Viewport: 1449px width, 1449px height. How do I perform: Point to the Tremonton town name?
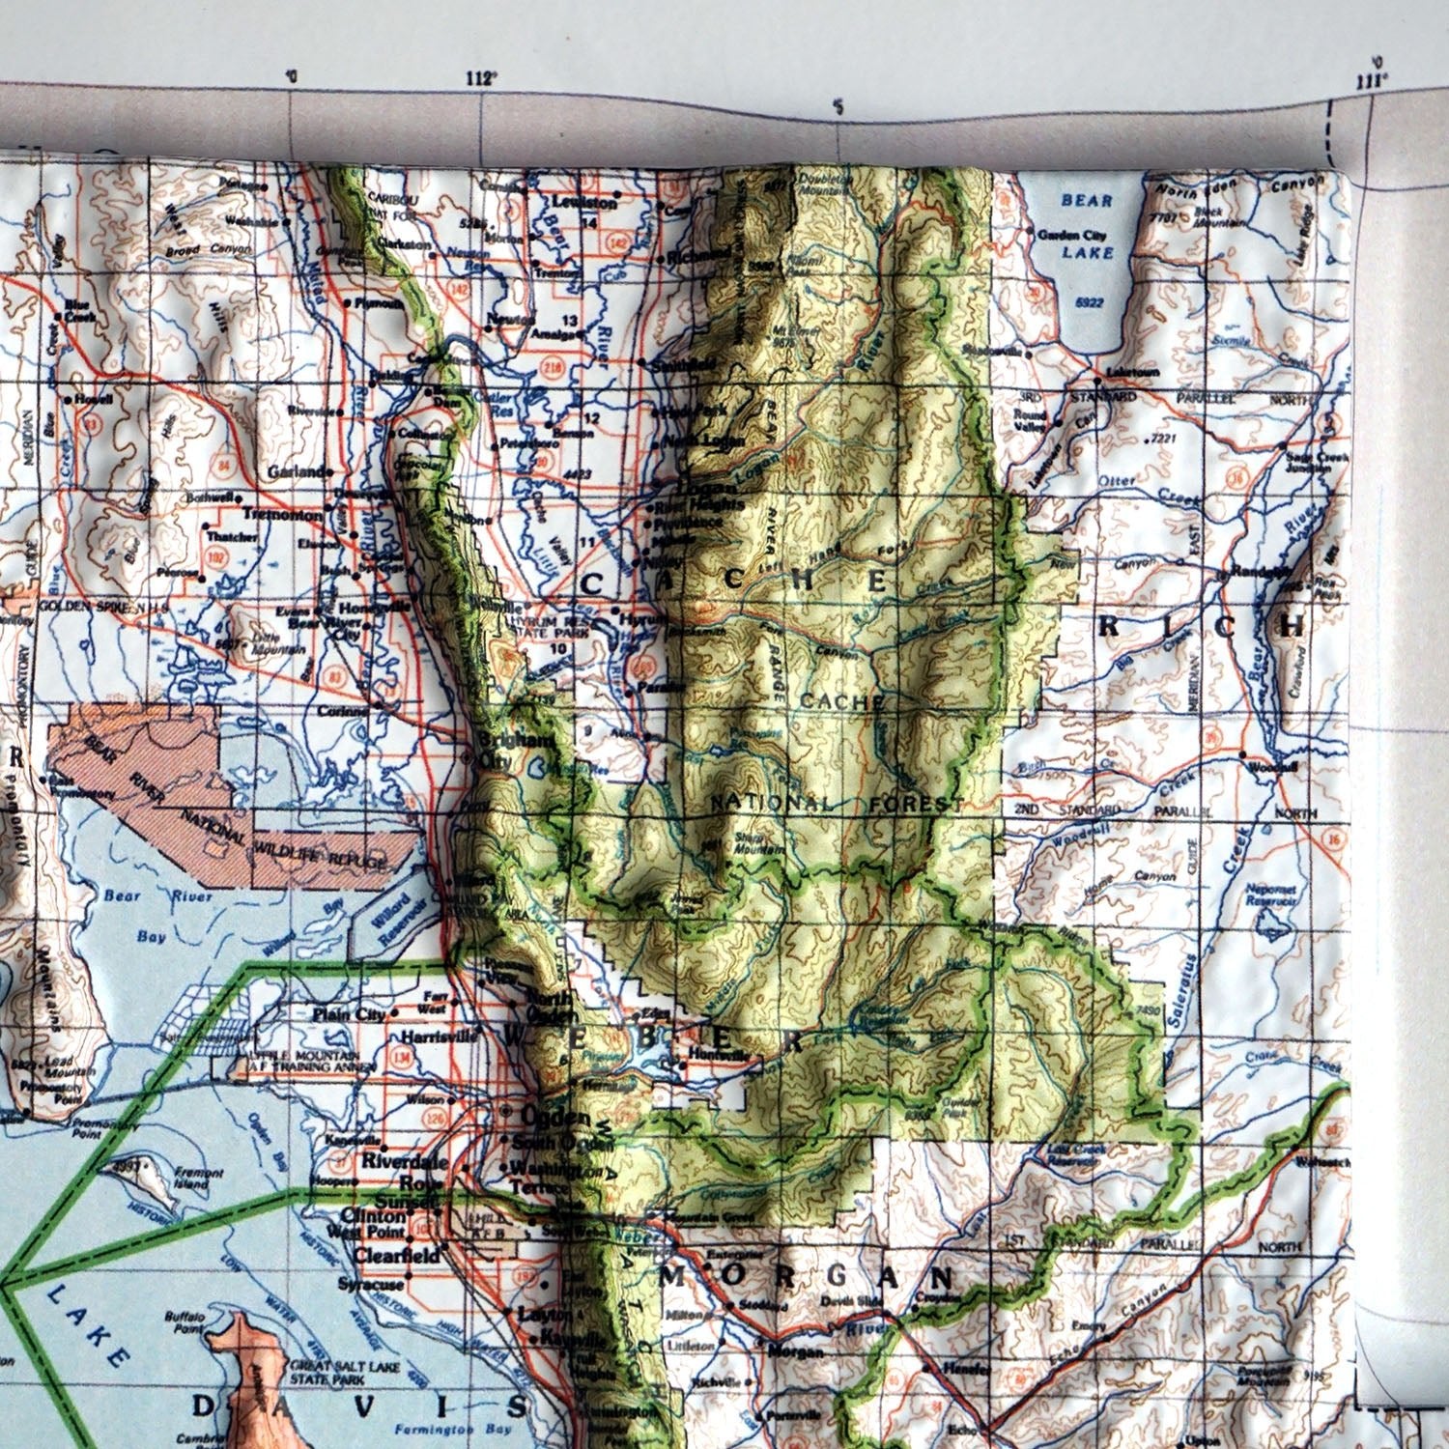tap(282, 515)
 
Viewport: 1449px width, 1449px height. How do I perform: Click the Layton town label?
tap(537, 1314)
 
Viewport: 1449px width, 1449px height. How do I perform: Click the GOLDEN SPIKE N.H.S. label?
tap(103, 606)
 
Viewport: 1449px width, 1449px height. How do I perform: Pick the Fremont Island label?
tap(199, 1179)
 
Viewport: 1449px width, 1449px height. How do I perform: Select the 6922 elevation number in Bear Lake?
tap(1089, 302)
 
